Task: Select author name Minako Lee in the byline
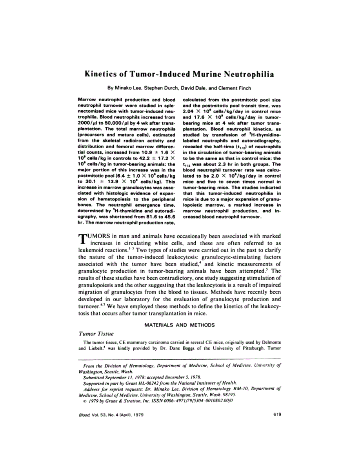pos(126,88)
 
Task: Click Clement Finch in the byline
pos(235,88)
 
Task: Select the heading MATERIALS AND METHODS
pos(180,325)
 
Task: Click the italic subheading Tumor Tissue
pos(96,334)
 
